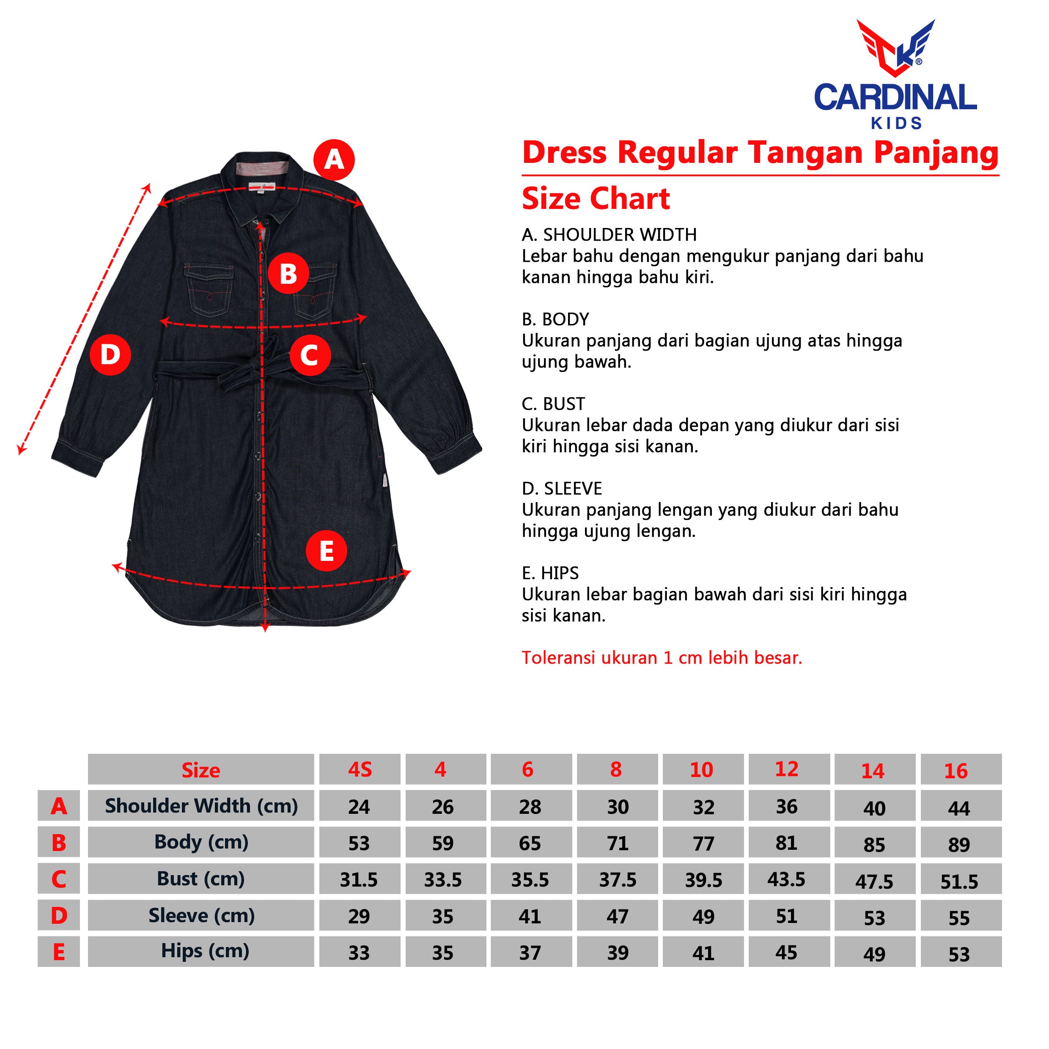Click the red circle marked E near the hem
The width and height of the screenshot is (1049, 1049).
tap(326, 551)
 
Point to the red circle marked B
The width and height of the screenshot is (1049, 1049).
tap(288, 274)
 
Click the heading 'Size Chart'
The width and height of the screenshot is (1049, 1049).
tap(596, 199)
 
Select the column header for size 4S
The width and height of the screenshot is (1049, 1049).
tap(360, 769)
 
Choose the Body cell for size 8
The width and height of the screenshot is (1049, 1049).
tap(618, 842)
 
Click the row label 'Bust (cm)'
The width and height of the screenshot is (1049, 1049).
tap(201, 879)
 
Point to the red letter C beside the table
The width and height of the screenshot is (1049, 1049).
tap(59, 879)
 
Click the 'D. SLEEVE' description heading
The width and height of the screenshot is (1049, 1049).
tap(562, 488)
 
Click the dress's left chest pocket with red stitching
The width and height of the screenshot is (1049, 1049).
tap(209, 289)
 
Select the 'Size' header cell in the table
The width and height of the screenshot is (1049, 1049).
tap(201, 769)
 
